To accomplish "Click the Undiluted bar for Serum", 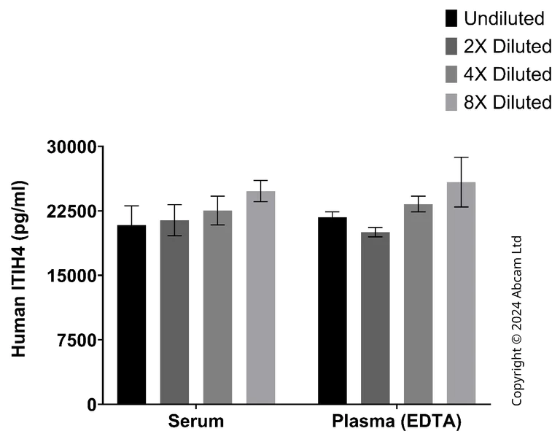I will click(x=131, y=314).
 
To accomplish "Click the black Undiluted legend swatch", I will click(x=452, y=18).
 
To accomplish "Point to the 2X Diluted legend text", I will click(x=507, y=47).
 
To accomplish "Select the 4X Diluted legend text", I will click(x=507, y=74).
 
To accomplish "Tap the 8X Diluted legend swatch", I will click(x=452, y=102).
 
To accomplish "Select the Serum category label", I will click(x=195, y=422).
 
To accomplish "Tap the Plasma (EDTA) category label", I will click(x=397, y=422).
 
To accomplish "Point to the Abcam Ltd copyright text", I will click(x=517, y=321).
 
